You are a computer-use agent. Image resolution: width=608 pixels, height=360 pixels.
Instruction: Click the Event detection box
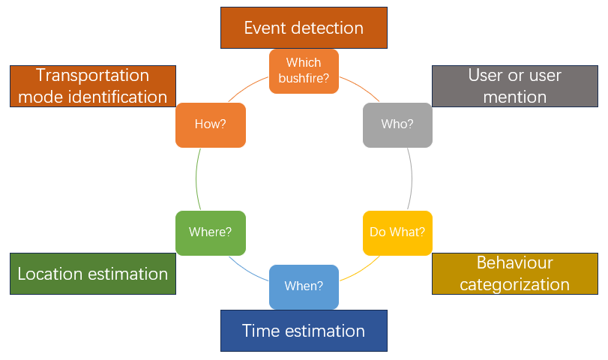click(x=304, y=28)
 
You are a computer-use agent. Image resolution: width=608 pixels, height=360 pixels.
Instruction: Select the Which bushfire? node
click(x=304, y=71)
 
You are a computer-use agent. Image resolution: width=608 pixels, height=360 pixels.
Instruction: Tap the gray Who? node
click(x=397, y=124)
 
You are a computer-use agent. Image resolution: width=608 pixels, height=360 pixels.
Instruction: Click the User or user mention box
click(x=514, y=85)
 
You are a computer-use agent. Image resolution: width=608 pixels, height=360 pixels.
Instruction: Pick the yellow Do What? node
click(x=397, y=232)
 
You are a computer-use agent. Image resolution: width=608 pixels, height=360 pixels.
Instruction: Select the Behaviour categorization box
click(x=514, y=274)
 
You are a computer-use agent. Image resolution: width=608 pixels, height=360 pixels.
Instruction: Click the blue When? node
click(x=304, y=286)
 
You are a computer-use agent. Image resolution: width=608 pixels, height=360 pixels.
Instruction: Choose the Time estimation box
click(x=304, y=331)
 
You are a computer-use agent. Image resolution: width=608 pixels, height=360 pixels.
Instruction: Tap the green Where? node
click(x=210, y=232)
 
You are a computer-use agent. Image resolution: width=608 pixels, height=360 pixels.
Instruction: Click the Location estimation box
click(x=93, y=274)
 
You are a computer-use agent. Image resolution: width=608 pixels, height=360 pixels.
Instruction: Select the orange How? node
click(x=210, y=124)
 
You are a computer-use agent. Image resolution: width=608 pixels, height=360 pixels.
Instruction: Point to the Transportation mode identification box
click(x=93, y=85)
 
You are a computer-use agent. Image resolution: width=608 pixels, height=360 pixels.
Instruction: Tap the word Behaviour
click(x=514, y=263)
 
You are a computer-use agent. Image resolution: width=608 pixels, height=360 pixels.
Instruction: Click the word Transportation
click(x=93, y=75)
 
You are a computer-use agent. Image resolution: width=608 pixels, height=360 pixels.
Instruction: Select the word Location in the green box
click(x=49, y=274)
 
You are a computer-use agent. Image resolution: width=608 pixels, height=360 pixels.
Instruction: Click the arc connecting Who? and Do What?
click(x=411, y=178)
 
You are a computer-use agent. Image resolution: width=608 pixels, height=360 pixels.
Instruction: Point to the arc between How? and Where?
click(x=196, y=178)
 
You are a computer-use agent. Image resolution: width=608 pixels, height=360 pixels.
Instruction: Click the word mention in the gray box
click(x=514, y=97)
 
